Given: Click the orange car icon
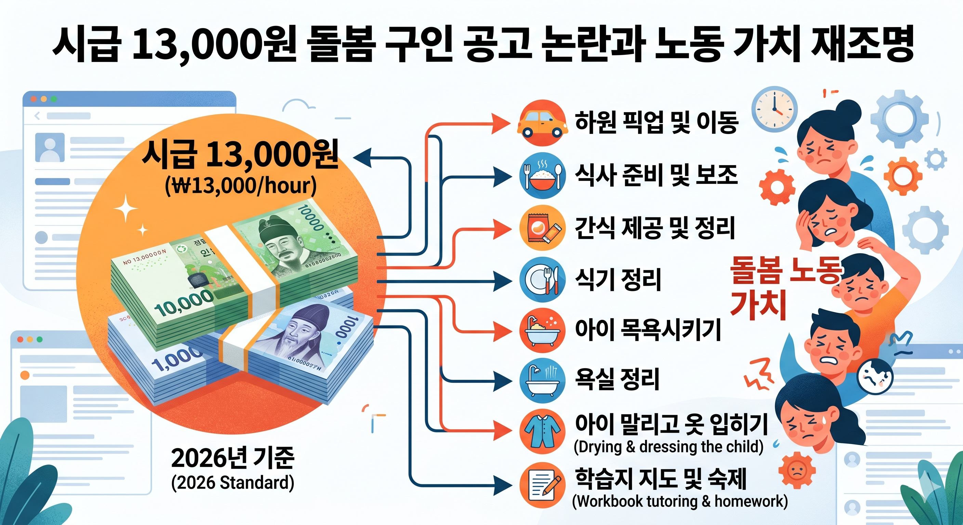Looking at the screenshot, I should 541,123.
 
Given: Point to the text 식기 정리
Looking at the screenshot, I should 618,280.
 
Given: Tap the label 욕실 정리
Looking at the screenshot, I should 617,379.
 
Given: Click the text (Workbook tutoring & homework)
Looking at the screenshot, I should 680,501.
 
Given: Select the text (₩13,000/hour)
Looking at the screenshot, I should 241,185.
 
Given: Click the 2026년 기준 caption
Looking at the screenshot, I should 233,458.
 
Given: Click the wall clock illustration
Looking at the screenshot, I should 775,109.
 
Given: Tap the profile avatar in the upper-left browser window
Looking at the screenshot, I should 49,148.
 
